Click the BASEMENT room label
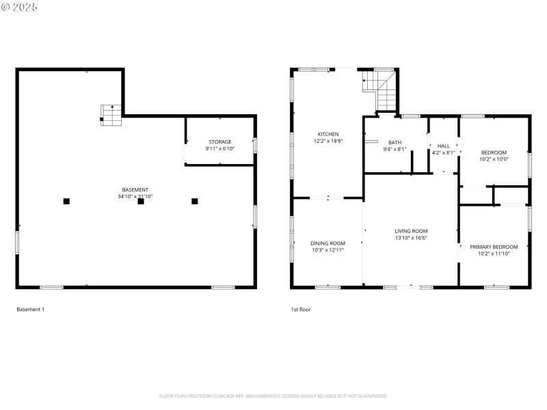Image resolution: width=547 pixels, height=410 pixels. tap(135, 189)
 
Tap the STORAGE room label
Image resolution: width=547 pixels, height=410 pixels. tap(219, 141)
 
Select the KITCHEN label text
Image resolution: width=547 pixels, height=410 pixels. tap(328, 134)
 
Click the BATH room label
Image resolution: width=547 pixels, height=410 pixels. tap(395, 142)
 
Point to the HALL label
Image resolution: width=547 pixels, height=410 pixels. tap(444, 146)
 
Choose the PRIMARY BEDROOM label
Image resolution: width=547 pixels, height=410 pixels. tap(494, 247)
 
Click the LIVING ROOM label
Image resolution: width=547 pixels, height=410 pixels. tap(411, 231)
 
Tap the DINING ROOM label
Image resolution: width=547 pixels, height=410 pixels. tap(328, 243)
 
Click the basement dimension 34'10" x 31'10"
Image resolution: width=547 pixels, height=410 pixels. tap(135, 196)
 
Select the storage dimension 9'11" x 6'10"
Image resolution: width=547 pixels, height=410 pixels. tap(219, 148)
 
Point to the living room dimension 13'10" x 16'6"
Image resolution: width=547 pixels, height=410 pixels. tap(411, 238)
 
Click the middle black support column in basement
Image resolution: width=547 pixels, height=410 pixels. tap(141, 201)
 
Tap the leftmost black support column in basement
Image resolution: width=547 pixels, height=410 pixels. tap(66, 201)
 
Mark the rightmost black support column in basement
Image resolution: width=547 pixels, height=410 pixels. tap(195, 201)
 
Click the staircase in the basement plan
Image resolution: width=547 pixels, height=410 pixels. tap(110, 114)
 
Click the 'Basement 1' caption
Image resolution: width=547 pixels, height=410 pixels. tap(30, 310)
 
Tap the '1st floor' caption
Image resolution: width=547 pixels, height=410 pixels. tap(300, 310)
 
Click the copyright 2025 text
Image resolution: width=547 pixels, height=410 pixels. tap(20, 7)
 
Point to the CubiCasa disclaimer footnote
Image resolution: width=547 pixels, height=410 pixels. tap(273, 396)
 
